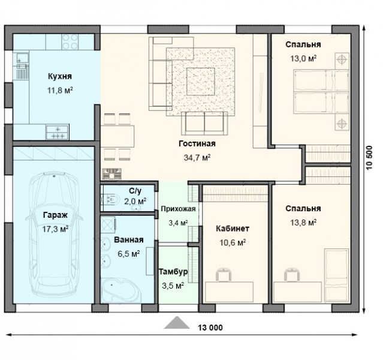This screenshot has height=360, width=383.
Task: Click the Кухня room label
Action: pos(60,76)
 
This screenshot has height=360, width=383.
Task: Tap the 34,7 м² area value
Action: pos(197,158)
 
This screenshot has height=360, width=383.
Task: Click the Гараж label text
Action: pos(55,215)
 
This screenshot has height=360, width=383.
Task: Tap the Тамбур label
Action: pos(173,272)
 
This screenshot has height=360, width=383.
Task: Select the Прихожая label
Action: pos(178,209)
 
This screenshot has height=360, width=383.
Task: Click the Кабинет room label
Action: pos(233,229)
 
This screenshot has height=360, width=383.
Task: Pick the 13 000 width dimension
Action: pos(210,328)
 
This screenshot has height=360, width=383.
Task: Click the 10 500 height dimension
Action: pos(369,158)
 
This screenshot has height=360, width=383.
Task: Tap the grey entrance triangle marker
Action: pos(177,323)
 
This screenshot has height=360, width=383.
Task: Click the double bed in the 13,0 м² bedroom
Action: pos(321,92)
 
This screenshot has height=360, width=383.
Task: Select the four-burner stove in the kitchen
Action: pos(70,42)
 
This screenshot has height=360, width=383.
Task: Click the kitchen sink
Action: pos(22,58)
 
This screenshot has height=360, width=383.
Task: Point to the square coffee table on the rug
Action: pos(201,82)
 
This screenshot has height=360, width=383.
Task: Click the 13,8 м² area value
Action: pos(303,223)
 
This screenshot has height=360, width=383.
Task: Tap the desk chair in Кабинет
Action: pos(223,274)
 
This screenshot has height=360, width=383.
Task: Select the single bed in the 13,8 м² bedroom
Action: pos(336,275)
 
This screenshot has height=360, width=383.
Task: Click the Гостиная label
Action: pos(197,143)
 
